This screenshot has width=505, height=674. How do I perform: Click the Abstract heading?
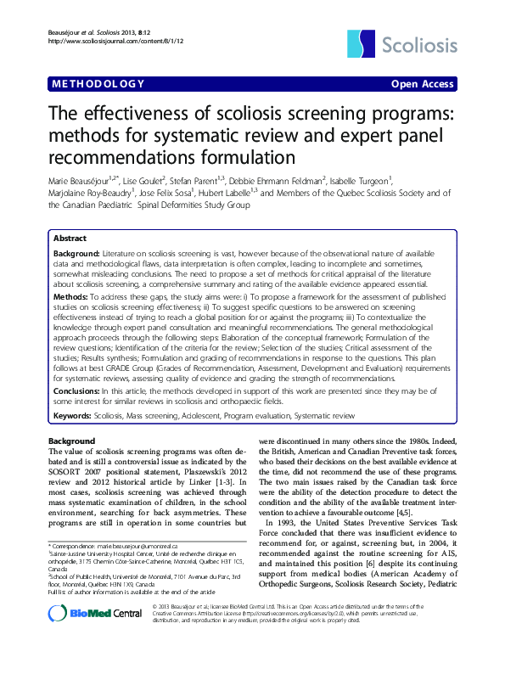click(70, 239)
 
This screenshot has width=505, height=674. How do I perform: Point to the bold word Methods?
click(71, 299)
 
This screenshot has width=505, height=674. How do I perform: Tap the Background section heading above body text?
click(72, 441)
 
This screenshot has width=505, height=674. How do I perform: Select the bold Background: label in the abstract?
click(77, 253)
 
